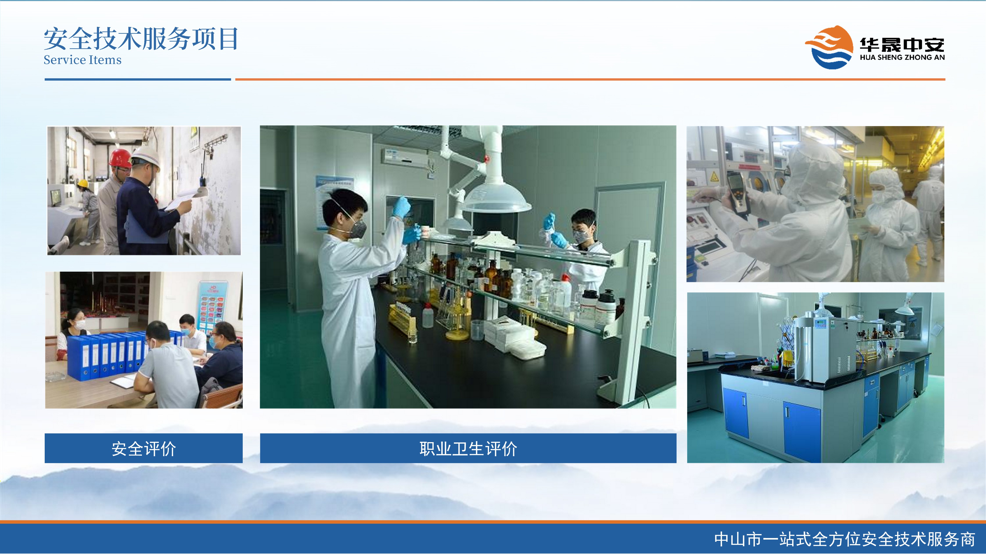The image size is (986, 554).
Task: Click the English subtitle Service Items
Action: pos(82,60)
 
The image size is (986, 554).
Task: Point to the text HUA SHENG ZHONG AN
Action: pos(902,57)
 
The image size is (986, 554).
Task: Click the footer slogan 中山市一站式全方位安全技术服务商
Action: pos(845,539)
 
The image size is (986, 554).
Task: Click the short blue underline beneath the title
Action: pos(138,79)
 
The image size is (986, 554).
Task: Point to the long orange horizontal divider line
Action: pos(590,79)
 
